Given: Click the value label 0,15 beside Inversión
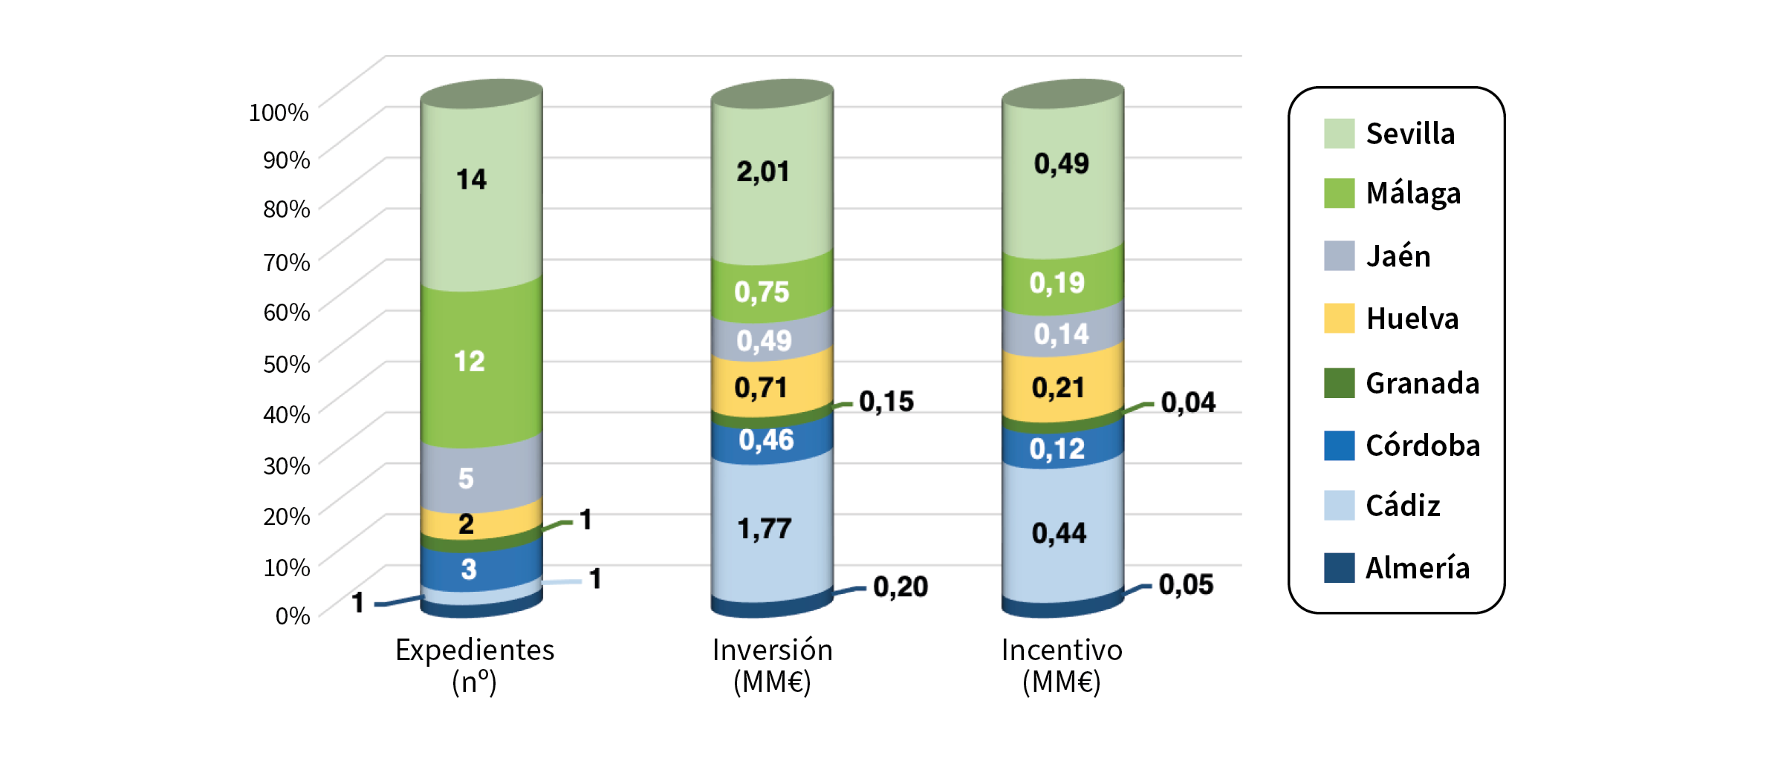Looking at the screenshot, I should click(886, 402).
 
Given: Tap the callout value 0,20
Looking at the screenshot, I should click(900, 587).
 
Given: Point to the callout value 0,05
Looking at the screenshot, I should click(1186, 584).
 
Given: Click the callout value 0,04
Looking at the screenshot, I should click(1188, 402).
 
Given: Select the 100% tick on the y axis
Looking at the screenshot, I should click(279, 112).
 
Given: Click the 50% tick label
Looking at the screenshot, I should click(286, 364).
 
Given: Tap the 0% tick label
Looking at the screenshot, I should click(292, 616).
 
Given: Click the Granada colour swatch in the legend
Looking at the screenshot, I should click(1339, 382).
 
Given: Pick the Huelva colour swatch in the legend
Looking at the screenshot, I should click(1339, 318).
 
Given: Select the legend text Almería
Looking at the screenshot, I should click(1417, 568).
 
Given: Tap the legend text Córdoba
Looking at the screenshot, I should click(1422, 445).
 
